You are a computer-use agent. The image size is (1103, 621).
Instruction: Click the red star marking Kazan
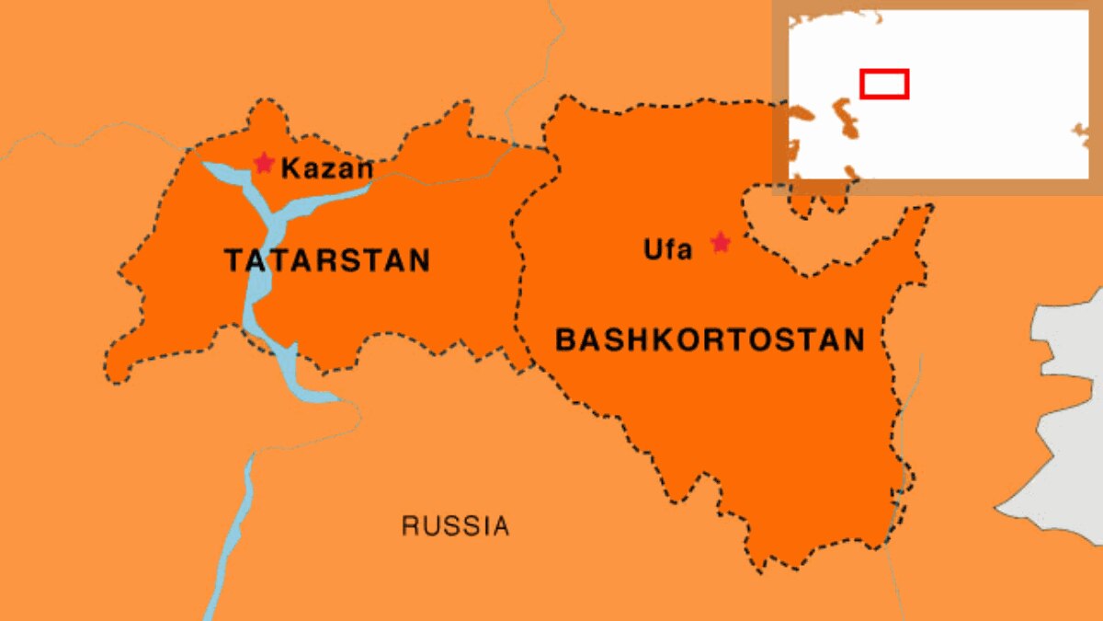(264, 164)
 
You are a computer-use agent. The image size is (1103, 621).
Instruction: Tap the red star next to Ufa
(721, 243)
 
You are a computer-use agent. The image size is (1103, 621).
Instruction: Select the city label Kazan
(327, 169)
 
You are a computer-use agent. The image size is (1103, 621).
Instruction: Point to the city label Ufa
(668, 249)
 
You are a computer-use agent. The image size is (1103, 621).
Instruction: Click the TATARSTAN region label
(327, 260)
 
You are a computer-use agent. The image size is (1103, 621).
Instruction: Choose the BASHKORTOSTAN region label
(710, 339)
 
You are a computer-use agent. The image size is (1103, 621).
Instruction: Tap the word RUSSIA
(455, 526)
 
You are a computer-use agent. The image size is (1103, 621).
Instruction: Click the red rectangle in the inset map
(884, 84)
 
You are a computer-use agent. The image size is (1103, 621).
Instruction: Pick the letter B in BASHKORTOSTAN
(565, 339)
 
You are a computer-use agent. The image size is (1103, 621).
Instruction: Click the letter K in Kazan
(290, 169)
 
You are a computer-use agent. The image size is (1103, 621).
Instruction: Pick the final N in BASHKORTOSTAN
(852, 339)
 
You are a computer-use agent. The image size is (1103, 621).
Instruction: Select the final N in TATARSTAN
(419, 260)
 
